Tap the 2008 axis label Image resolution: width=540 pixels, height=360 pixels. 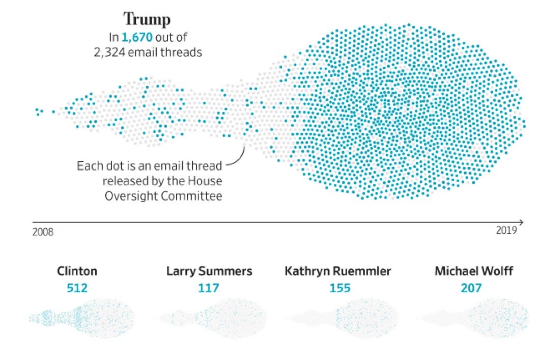click(x=43, y=232)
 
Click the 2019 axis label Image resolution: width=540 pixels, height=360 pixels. click(x=506, y=230)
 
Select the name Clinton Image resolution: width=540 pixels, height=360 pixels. click(x=77, y=271)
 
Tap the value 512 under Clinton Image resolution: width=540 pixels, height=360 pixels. click(x=77, y=288)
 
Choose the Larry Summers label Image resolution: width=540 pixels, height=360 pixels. click(x=209, y=271)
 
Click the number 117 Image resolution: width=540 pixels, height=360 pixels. click(x=209, y=288)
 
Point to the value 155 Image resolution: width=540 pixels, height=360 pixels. click(x=339, y=288)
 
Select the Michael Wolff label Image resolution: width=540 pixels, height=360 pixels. click(x=473, y=271)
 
